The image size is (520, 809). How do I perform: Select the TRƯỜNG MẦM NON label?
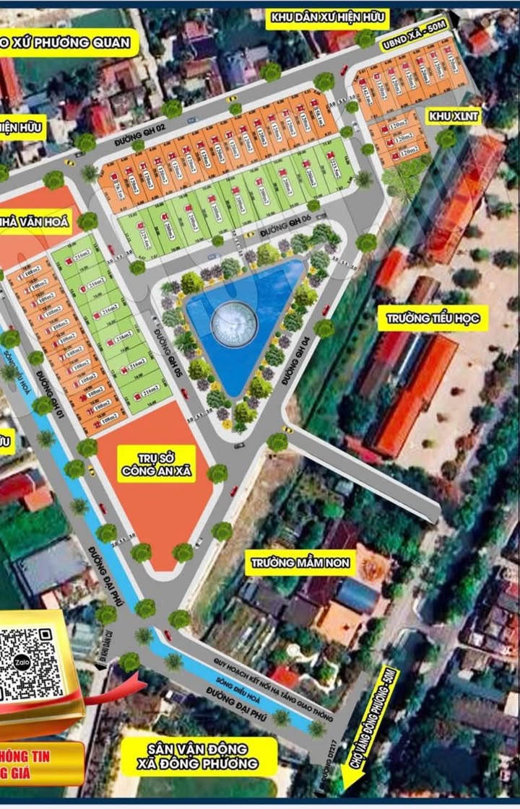[x=300, y=562]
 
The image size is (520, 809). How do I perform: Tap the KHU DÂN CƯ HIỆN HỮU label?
[x=327, y=17]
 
